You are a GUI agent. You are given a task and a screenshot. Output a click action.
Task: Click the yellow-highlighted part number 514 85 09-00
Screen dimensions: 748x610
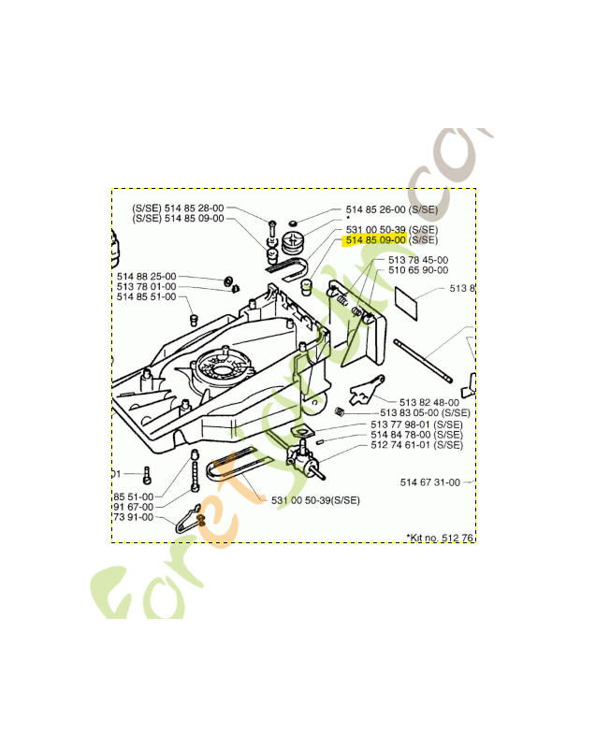[376, 240]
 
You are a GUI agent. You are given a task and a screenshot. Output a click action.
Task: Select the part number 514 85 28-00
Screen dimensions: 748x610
[194, 208]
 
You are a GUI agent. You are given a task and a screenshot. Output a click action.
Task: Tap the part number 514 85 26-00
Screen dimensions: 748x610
[375, 209]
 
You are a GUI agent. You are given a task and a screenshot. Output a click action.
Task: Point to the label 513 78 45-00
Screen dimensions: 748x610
[417, 260]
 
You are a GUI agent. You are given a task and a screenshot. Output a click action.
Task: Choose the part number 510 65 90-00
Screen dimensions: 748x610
[417, 270]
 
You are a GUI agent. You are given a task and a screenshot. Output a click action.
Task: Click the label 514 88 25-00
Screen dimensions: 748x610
[146, 276]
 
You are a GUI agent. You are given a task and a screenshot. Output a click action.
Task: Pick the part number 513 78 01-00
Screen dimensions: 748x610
[146, 286]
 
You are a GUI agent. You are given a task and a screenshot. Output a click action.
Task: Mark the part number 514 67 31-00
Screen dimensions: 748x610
[429, 482]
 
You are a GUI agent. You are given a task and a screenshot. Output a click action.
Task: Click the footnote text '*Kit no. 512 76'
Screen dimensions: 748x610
[440, 537]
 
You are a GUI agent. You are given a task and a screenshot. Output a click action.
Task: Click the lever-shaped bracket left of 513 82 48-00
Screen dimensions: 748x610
[366, 386]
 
